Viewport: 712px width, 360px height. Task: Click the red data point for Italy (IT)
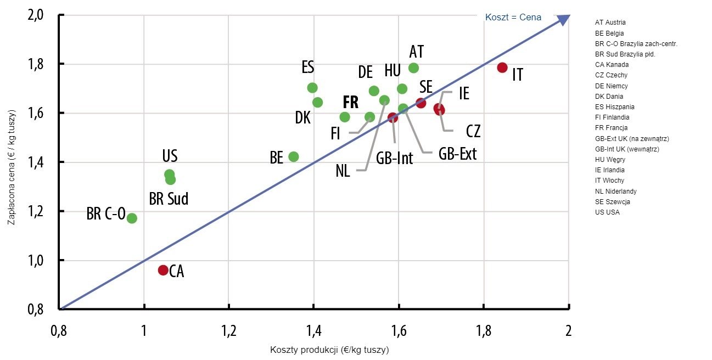click(x=502, y=67)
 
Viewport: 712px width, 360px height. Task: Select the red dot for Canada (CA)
click(x=163, y=270)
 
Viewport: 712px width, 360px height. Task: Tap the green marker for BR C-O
click(x=132, y=218)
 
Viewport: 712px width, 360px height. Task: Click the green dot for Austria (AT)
click(x=413, y=68)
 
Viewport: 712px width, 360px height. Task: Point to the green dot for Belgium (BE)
click(x=294, y=156)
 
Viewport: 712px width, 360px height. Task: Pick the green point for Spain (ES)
click(x=312, y=88)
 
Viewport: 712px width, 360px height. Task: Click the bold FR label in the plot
click(x=350, y=102)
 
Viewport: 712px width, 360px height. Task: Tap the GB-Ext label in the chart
click(x=457, y=154)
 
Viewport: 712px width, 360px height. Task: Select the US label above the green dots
click(x=169, y=157)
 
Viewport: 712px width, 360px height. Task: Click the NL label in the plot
click(x=343, y=171)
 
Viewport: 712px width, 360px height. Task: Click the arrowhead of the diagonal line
click(x=564, y=19)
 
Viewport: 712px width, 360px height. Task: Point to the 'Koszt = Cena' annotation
click(x=513, y=18)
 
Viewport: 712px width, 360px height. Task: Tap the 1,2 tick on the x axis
click(x=229, y=331)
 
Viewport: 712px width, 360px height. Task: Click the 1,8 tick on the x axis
click(x=483, y=331)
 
